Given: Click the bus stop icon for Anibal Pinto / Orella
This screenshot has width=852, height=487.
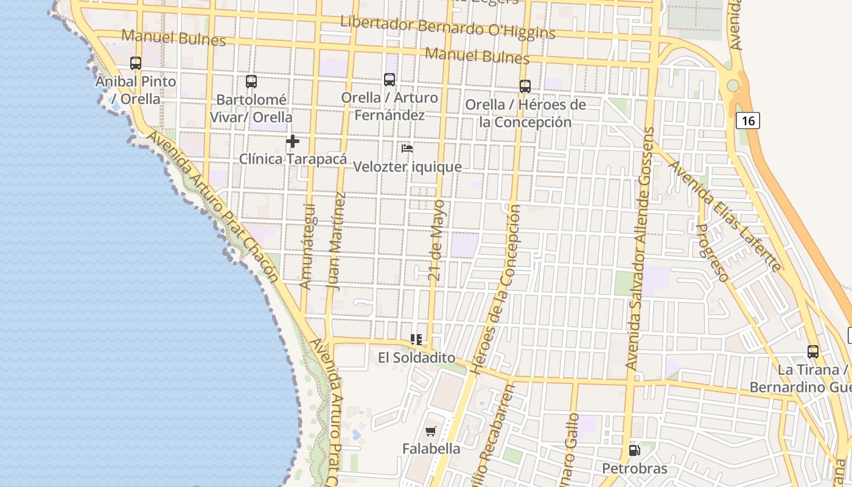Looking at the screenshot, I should [136, 63].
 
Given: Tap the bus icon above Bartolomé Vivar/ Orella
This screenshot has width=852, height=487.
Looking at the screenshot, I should [251, 82].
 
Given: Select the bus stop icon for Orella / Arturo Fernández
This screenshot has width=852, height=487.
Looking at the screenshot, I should [389, 80].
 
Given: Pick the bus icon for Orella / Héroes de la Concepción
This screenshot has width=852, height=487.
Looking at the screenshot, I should [525, 86].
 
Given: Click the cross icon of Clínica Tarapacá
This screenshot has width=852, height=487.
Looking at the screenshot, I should [293, 141].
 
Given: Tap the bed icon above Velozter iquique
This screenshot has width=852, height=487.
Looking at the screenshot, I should [407, 149].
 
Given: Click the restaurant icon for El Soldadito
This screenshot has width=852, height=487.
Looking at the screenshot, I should [416, 340].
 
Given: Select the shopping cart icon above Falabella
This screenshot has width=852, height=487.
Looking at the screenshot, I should [431, 432].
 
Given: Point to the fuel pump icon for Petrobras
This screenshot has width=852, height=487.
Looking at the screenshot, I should [634, 451].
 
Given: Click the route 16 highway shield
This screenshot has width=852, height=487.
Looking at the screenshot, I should [748, 121].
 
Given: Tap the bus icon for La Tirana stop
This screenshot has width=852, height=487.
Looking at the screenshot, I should [812, 352].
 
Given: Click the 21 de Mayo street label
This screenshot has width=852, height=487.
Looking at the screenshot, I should [436, 240].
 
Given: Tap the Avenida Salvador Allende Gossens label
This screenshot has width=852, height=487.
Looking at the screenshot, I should [641, 248].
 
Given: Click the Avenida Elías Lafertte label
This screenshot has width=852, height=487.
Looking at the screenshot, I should [724, 215].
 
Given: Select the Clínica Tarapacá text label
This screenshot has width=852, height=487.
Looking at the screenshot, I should [293, 159].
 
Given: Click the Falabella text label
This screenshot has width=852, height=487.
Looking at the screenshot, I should [431, 449].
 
